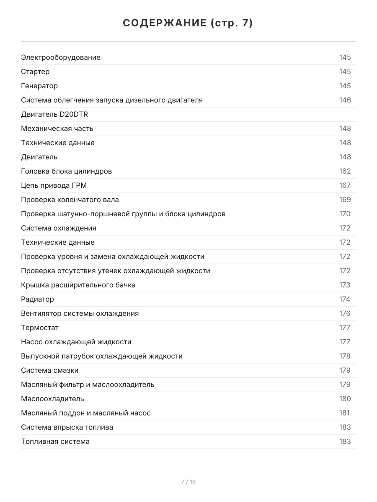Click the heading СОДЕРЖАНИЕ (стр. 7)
click(x=188, y=23)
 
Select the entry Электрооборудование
click(x=61, y=57)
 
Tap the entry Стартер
click(x=35, y=72)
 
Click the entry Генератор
click(x=39, y=86)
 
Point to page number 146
click(x=345, y=100)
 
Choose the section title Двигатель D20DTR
click(x=54, y=114)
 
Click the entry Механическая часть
click(x=57, y=128)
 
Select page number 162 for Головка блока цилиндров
click(x=345, y=171)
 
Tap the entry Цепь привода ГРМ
click(x=54, y=185)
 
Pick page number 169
click(x=345, y=200)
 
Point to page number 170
click(x=345, y=214)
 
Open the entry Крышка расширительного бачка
click(x=78, y=285)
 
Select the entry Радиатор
click(x=37, y=299)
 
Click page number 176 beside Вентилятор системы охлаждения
click(x=345, y=313)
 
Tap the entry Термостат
click(x=39, y=328)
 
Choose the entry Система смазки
click(x=49, y=370)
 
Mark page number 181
click(x=344, y=413)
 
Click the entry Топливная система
click(x=55, y=441)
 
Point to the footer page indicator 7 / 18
click(x=188, y=482)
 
